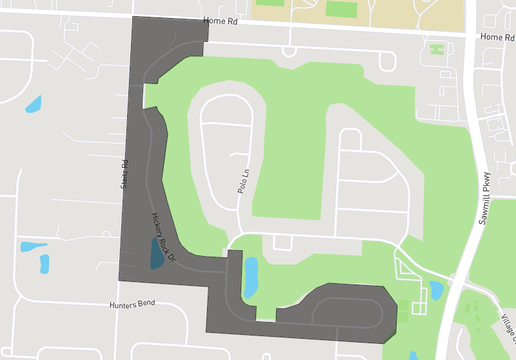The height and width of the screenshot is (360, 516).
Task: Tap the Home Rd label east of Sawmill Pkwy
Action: (x=495, y=37)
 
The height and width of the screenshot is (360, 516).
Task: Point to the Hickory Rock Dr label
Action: (x=163, y=237)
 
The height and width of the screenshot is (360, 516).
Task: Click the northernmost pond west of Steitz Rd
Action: (x=34, y=103)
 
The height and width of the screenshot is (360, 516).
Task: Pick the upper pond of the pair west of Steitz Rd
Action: (x=27, y=246)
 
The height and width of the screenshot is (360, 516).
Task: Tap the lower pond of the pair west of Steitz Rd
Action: (x=44, y=264)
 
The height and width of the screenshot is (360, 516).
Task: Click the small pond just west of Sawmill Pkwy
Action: (x=436, y=291)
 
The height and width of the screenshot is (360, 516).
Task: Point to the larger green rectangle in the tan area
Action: (x=342, y=9)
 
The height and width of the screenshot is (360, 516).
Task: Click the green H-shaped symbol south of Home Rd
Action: (x=436, y=47)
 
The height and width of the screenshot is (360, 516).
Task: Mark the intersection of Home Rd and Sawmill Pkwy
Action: (x=471, y=36)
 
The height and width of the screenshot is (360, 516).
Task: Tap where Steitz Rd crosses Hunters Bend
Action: (x=120, y=301)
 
